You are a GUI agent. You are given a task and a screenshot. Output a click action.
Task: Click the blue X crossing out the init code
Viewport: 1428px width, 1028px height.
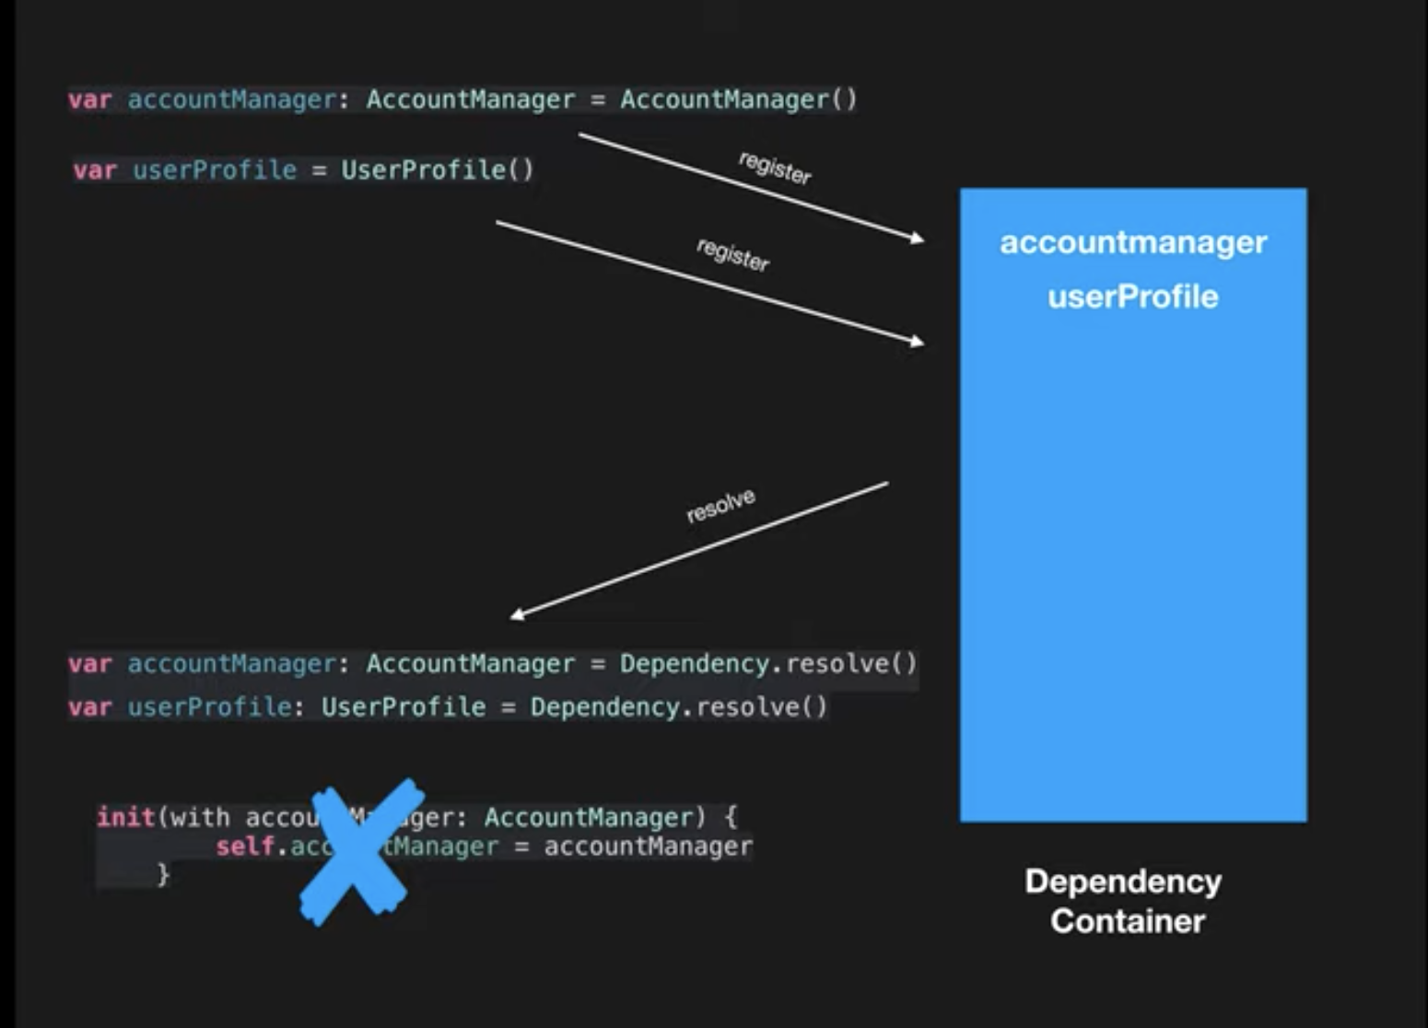click(x=357, y=851)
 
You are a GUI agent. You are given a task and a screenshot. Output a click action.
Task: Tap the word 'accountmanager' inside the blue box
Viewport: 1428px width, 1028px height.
click(x=1133, y=242)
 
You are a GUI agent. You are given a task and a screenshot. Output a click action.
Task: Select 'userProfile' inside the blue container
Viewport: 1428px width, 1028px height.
click(x=1133, y=297)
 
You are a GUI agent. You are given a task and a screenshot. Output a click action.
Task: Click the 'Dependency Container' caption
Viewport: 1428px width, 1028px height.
click(x=1125, y=901)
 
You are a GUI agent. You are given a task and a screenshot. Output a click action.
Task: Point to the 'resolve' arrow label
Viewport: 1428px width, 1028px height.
click(x=720, y=506)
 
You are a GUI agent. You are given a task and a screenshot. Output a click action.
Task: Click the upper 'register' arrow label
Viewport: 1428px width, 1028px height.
click(x=775, y=168)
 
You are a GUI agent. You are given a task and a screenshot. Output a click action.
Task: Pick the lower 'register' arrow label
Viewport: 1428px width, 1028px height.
click(x=732, y=254)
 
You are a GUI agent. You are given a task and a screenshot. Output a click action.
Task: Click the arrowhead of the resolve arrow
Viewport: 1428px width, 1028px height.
click(x=516, y=614)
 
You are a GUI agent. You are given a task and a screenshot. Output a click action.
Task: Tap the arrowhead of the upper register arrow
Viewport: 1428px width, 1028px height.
click(x=918, y=239)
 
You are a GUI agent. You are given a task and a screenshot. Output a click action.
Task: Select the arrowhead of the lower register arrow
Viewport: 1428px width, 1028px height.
click(x=918, y=342)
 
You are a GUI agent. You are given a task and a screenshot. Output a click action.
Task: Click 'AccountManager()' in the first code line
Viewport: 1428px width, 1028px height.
click(x=738, y=99)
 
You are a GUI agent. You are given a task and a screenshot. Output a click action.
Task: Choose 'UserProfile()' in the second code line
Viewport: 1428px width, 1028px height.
click(x=437, y=170)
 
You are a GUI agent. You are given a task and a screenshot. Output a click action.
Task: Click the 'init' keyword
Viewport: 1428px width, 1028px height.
click(x=125, y=817)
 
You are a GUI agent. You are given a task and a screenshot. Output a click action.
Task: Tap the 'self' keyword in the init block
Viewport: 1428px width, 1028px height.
click(x=245, y=847)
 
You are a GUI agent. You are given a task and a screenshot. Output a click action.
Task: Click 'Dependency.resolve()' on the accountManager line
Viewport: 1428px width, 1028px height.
click(x=768, y=664)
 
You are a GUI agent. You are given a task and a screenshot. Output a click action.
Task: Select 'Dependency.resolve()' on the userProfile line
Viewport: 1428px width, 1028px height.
click(x=679, y=707)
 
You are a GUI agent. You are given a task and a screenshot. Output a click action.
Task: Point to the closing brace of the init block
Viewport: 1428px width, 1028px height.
click(x=163, y=874)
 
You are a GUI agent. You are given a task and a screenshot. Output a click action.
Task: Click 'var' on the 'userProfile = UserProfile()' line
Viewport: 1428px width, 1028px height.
click(x=94, y=170)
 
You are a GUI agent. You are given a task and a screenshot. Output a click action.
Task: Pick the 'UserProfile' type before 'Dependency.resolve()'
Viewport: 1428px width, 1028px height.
click(x=404, y=707)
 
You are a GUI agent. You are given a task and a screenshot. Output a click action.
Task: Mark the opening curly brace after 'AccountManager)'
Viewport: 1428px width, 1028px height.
click(x=731, y=817)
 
